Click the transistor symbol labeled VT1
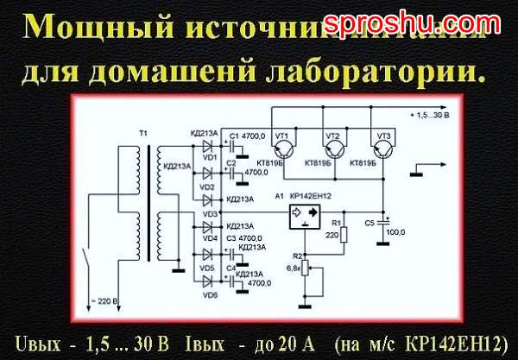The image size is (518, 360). click(x=285, y=139)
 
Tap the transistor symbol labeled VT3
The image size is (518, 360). click(x=382, y=139)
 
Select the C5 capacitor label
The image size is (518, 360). click(x=370, y=222)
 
